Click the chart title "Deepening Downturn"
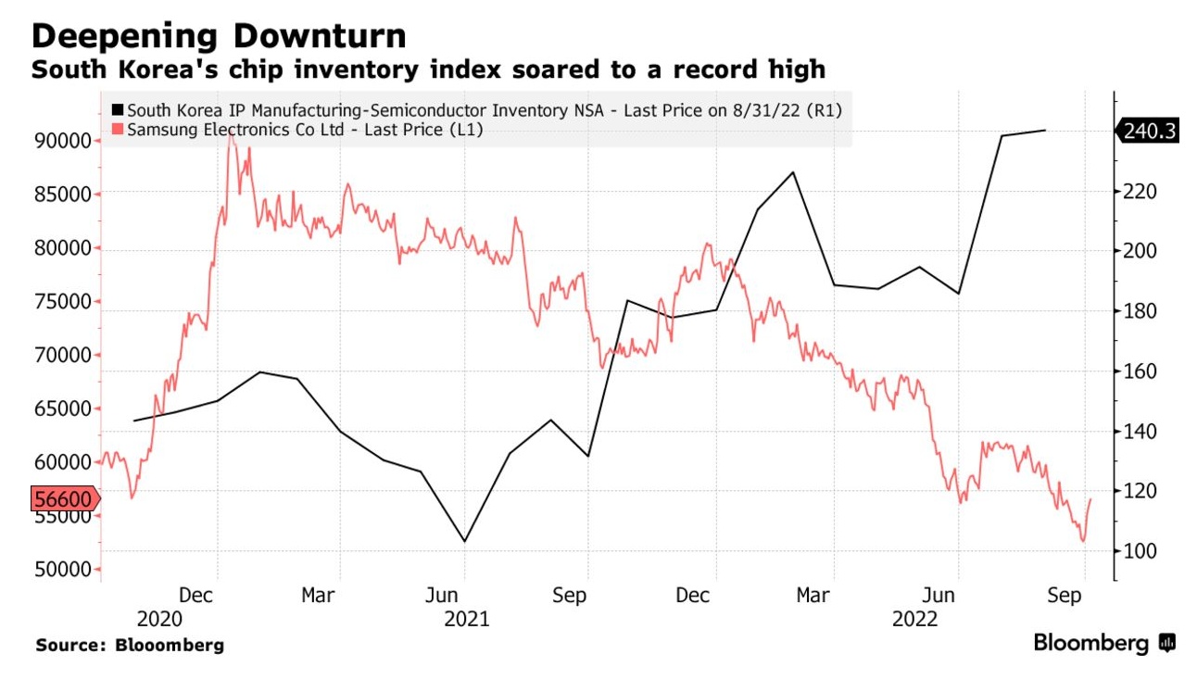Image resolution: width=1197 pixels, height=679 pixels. pyautogui.click(x=219, y=36)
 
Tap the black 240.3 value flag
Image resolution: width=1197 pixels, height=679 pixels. pyautogui.click(x=1149, y=132)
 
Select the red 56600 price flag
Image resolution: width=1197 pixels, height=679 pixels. pyautogui.click(x=63, y=500)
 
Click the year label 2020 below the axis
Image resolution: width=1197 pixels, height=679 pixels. pyautogui.click(x=158, y=619)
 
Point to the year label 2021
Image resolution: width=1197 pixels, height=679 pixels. pyautogui.click(x=467, y=619)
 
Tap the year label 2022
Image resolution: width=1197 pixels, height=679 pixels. pyautogui.click(x=915, y=619)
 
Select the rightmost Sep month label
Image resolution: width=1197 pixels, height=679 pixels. pyautogui.click(x=1065, y=596)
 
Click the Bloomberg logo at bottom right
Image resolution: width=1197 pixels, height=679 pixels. pyautogui.click(x=1103, y=643)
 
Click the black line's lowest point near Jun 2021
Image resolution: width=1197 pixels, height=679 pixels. pyautogui.click(x=464, y=541)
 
